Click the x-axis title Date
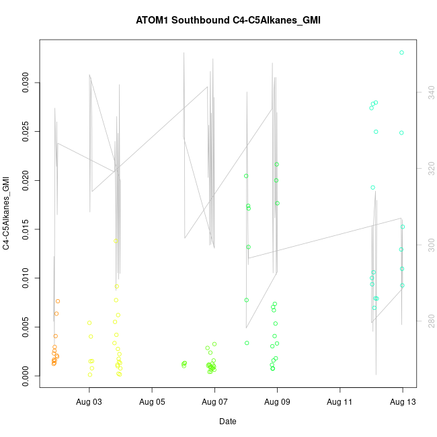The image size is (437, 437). pyautogui.click(x=227, y=422)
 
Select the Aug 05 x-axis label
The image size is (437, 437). pyautogui.click(x=152, y=402)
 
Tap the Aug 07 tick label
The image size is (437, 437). pyautogui.click(x=214, y=402)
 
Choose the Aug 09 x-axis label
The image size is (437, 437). pyautogui.click(x=277, y=402)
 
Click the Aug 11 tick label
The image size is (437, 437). pyautogui.click(x=340, y=402)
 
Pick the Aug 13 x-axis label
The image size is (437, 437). pyautogui.click(x=403, y=402)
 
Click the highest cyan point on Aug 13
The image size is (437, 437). pyautogui.click(x=401, y=52)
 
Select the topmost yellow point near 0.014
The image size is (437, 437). pyautogui.click(x=116, y=241)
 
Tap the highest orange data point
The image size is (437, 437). pyautogui.click(x=58, y=301)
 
